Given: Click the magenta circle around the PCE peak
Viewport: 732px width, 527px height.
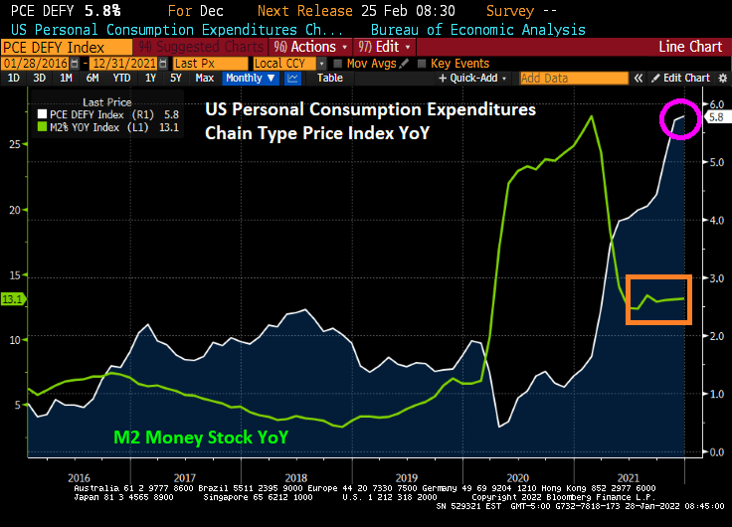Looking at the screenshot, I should tap(680, 119).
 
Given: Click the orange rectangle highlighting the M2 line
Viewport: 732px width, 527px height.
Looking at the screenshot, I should tap(657, 299).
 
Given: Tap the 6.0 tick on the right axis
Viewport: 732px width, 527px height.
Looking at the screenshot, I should tap(713, 104).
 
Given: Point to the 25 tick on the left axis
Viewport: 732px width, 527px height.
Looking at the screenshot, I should tap(12, 144).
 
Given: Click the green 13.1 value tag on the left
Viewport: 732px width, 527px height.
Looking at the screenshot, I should tap(13, 298).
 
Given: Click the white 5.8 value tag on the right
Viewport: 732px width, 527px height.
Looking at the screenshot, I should tap(716, 117).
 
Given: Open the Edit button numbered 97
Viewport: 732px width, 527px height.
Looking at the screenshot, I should tap(387, 47).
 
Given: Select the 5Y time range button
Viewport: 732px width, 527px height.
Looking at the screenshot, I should tap(176, 78).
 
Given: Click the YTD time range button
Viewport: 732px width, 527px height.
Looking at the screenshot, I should tap(122, 78).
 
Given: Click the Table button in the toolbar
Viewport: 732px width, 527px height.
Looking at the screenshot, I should tap(329, 78).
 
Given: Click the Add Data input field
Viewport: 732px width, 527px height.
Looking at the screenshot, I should tap(573, 78).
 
